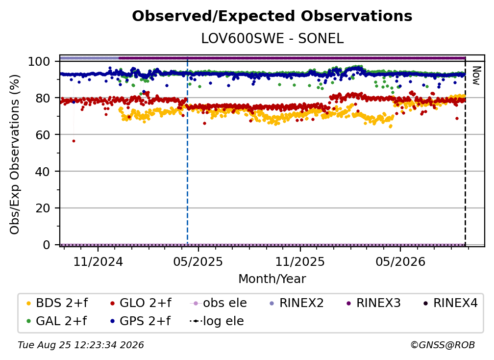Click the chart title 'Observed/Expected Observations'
pyautogui.click(x=272, y=16)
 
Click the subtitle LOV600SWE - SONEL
pyautogui.click(x=272, y=39)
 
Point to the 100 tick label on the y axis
pyautogui.click(x=39, y=61)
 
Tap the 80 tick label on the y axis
pyautogui.click(x=43, y=98)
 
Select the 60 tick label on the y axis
pyautogui.click(x=43, y=134)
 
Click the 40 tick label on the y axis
pyautogui.click(x=43, y=172)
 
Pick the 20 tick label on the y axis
pyautogui.click(x=43, y=208)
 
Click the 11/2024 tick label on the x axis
pyautogui.click(x=98, y=261)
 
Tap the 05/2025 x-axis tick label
pyautogui.click(x=198, y=261)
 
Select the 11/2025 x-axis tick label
pyautogui.click(x=300, y=261)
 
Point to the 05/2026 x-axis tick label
pyautogui.click(x=400, y=261)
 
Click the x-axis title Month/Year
pyautogui.click(x=272, y=279)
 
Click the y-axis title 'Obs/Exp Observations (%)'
pyautogui.click(x=15, y=154)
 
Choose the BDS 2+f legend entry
pyautogui.click(x=57, y=303)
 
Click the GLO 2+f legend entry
pyautogui.click(x=141, y=303)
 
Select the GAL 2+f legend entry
pyautogui.click(x=57, y=321)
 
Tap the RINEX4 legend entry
pyautogui.click(x=450, y=303)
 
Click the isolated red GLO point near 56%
pyautogui.click(x=74, y=141)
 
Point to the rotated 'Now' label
pyautogui.click(x=476, y=76)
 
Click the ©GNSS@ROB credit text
pyautogui.click(x=443, y=345)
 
